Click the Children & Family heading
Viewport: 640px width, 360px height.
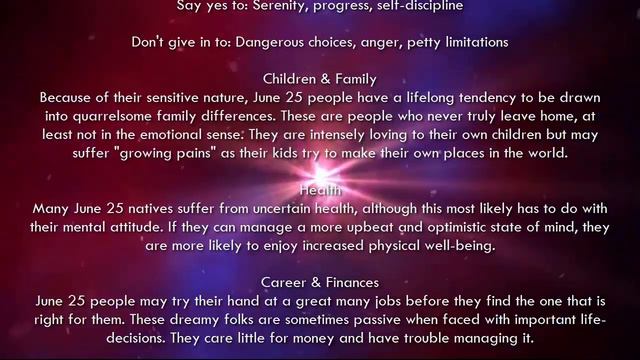pos(320,79)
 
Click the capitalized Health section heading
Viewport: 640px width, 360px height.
pos(320,189)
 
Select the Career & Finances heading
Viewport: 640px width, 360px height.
pos(320,282)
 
